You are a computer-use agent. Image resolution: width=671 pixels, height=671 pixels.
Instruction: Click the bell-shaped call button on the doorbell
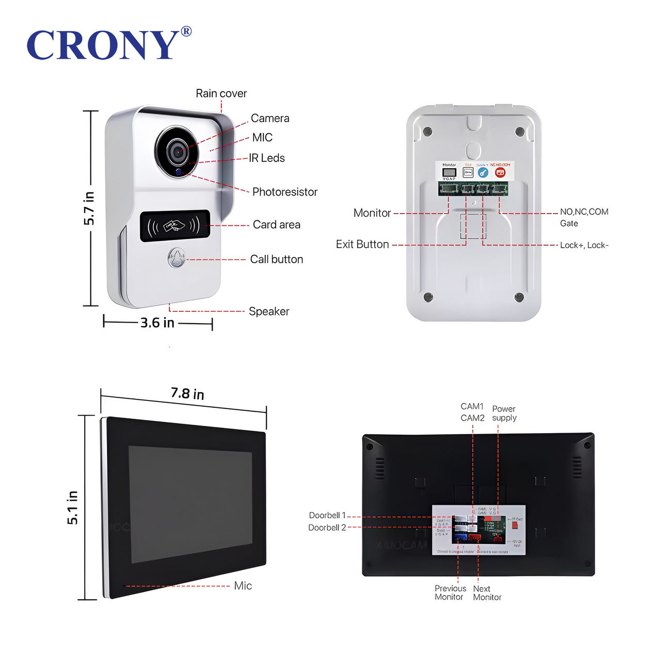[177, 259]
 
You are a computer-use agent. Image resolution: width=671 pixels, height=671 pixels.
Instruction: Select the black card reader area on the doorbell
[174, 226]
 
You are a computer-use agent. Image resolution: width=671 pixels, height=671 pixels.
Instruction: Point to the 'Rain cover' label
[221, 93]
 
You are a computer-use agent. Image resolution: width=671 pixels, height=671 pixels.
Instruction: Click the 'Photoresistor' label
[284, 192]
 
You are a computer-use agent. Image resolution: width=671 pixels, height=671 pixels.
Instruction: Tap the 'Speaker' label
[268, 311]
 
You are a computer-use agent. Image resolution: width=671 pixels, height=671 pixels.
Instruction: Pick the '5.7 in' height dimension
[89, 208]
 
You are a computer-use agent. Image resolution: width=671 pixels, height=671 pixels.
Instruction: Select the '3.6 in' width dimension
[157, 323]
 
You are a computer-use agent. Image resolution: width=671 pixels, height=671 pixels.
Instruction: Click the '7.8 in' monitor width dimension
[187, 394]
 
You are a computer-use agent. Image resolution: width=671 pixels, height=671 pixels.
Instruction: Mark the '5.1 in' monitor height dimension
[73, 507]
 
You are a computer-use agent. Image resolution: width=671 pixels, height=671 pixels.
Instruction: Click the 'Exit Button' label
[362, 244]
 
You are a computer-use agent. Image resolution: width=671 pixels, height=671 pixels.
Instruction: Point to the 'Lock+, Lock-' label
[584, 245]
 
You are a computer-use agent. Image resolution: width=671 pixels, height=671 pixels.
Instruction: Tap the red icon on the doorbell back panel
[500, 172]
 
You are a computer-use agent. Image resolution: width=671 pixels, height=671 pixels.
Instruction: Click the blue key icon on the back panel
[483, 172]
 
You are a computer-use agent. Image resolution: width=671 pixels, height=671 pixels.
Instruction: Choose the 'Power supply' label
[504, 413]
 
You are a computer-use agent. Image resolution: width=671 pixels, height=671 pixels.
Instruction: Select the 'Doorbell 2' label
[327, 528]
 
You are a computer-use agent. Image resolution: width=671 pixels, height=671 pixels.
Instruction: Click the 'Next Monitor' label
[487, 593]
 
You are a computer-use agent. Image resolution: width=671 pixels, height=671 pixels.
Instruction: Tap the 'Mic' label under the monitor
[243, 585]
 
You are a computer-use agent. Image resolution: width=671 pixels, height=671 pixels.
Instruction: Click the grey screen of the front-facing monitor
[190, 505]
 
